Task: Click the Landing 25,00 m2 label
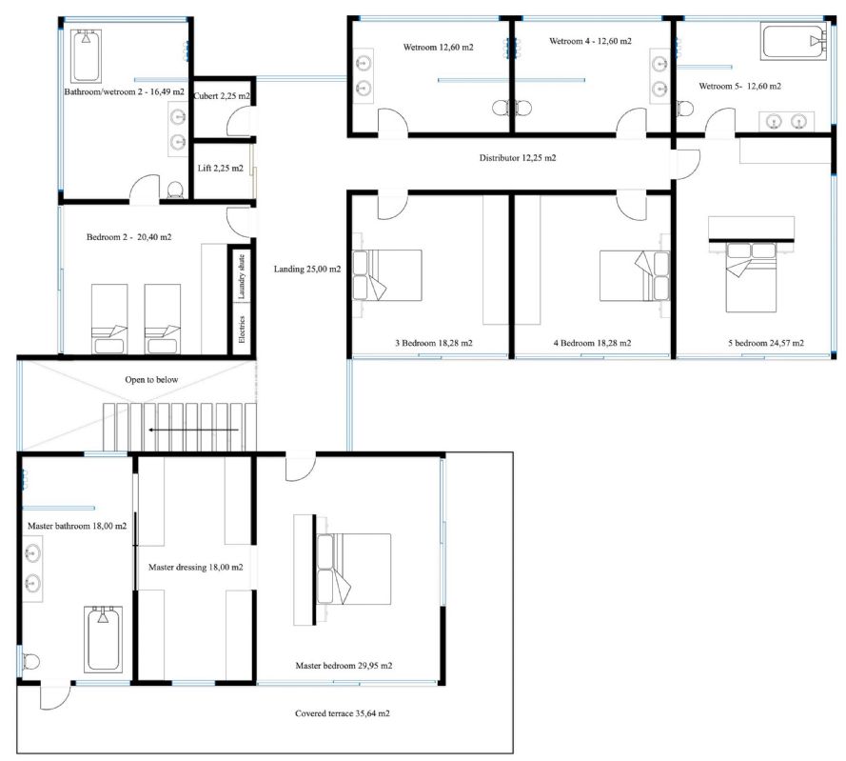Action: point(307,269)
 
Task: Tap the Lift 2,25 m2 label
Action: point(220,169)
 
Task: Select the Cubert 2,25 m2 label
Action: point(222,96)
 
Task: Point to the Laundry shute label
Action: point(241,276)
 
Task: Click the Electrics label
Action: point(241,330)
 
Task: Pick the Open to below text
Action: point(151,380)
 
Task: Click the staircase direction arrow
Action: point(194,430)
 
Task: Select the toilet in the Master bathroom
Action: point(31,661)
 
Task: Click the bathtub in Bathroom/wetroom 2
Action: point(86,55)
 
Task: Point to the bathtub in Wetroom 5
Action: point(794,41)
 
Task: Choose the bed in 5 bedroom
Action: point(751,277)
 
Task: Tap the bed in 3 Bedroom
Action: point(387,274)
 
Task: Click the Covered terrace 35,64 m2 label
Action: point(342,713)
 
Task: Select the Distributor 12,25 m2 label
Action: point(518,158)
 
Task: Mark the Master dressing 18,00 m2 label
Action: point(195,567)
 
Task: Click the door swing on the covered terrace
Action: point(55,697)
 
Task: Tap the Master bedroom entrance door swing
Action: point(300,469)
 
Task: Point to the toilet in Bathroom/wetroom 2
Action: point(175,190)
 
